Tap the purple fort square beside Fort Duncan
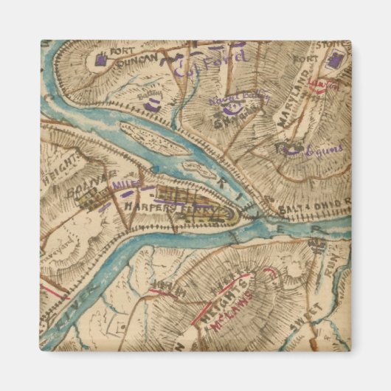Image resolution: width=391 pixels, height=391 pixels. tap(100, 63)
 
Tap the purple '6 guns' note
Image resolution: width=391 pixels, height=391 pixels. tap(322, 150)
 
